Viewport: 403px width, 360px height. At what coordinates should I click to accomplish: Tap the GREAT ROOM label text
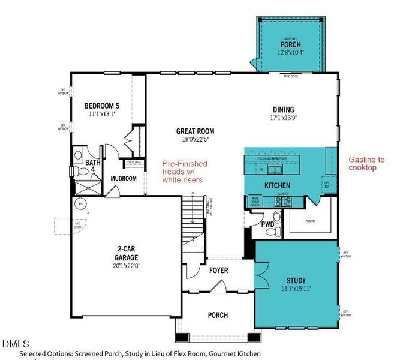pos(195,131)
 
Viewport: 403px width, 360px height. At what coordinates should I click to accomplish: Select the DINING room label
pos(283,110)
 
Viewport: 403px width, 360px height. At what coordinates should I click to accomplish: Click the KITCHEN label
pos(278,185)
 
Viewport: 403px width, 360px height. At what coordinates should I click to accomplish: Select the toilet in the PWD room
pos(277,217)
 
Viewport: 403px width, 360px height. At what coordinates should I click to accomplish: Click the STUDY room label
pos(296,280)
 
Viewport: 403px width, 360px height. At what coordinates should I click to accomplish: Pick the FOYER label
pos(218,271)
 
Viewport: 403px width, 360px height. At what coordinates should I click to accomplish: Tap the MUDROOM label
pos(124,178)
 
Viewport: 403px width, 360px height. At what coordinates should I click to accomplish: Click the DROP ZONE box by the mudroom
pos(134,163)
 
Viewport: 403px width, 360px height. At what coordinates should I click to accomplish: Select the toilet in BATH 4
pos(78,172)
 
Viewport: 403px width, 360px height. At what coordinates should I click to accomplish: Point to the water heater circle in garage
pos(79,205)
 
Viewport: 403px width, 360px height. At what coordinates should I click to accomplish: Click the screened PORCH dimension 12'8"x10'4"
pos(290,53)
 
